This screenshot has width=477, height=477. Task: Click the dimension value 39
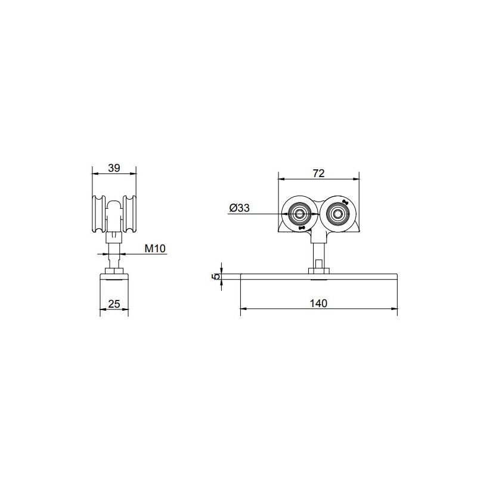point(114,168)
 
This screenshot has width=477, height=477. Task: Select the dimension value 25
point(114,303)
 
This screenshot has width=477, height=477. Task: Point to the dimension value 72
point(318,174)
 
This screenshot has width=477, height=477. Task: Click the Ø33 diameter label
point(238,207)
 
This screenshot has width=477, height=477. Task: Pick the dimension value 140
point(318,303)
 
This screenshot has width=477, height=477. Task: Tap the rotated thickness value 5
point(217,276)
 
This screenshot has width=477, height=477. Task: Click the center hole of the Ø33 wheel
point(298,213)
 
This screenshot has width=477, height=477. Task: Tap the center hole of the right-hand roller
point(339,213)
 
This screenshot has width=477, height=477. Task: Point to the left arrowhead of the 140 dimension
point(243,309)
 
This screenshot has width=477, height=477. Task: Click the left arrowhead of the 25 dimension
point(102,309)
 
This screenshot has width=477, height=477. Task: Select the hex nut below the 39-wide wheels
point(114,237)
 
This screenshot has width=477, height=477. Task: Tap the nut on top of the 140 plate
point(318,271)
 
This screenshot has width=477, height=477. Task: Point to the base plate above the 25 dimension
point(114,280)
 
